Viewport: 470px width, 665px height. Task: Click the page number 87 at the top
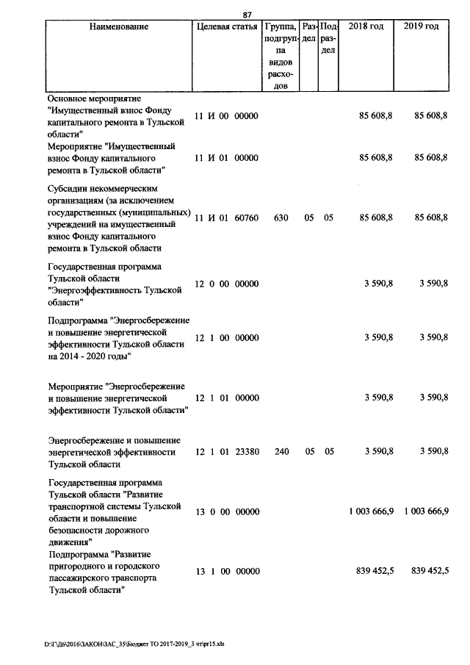tap(247, 13)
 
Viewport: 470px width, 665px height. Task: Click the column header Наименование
tap(118, 26)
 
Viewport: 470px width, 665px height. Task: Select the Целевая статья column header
tap(227, 26)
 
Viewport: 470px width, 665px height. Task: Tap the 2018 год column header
tap(366, 26)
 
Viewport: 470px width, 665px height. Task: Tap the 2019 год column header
tap(422, 26)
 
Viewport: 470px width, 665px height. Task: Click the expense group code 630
tap(281, 218)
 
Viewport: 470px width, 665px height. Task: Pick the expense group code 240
tap(281, 452)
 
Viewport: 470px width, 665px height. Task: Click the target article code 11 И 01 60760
tap(227, 218)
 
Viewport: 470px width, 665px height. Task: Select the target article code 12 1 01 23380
tap(227, 452)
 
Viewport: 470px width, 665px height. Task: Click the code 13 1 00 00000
tap(227, 570)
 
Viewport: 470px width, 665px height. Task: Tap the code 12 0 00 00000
tap(227, 284)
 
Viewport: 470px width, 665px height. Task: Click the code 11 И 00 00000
tap(227, 116)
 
